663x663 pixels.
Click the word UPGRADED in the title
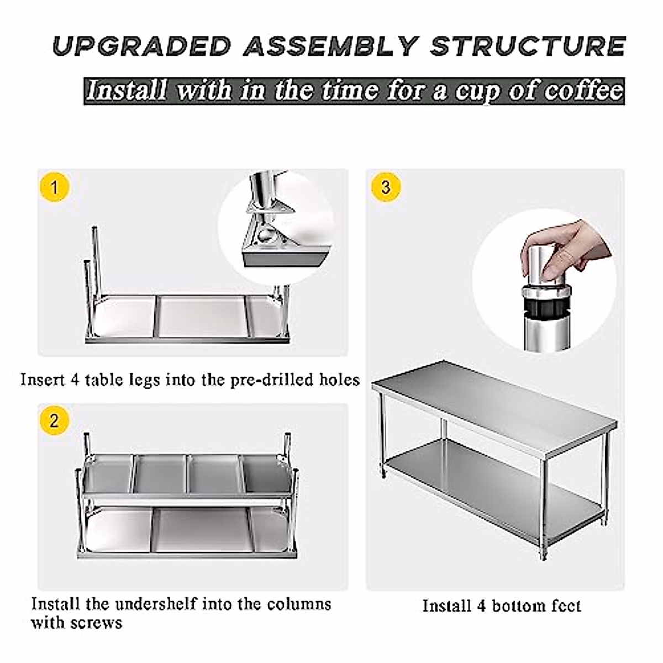point(141,46)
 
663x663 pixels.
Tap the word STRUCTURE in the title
point(528,46)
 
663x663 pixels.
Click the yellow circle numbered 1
point(54,187)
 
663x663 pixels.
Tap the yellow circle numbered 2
point(54,421)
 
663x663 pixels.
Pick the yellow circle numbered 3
point(386,187)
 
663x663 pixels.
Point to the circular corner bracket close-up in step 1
point(276,227)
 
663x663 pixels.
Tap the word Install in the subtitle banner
point(126,91)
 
